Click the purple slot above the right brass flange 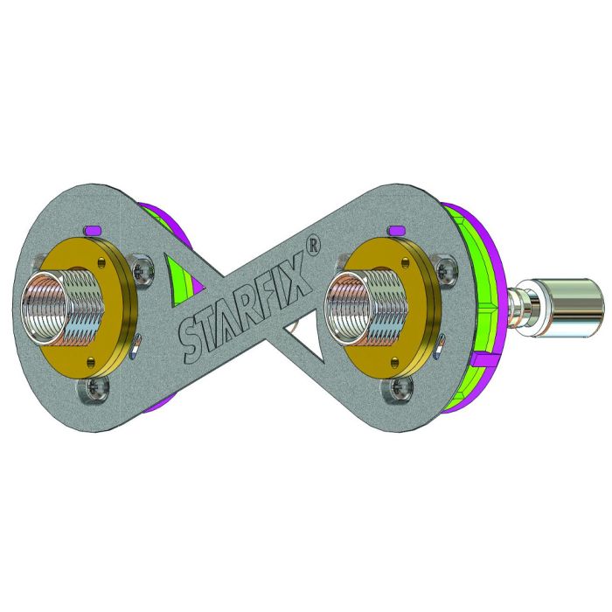click(396, 230)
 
